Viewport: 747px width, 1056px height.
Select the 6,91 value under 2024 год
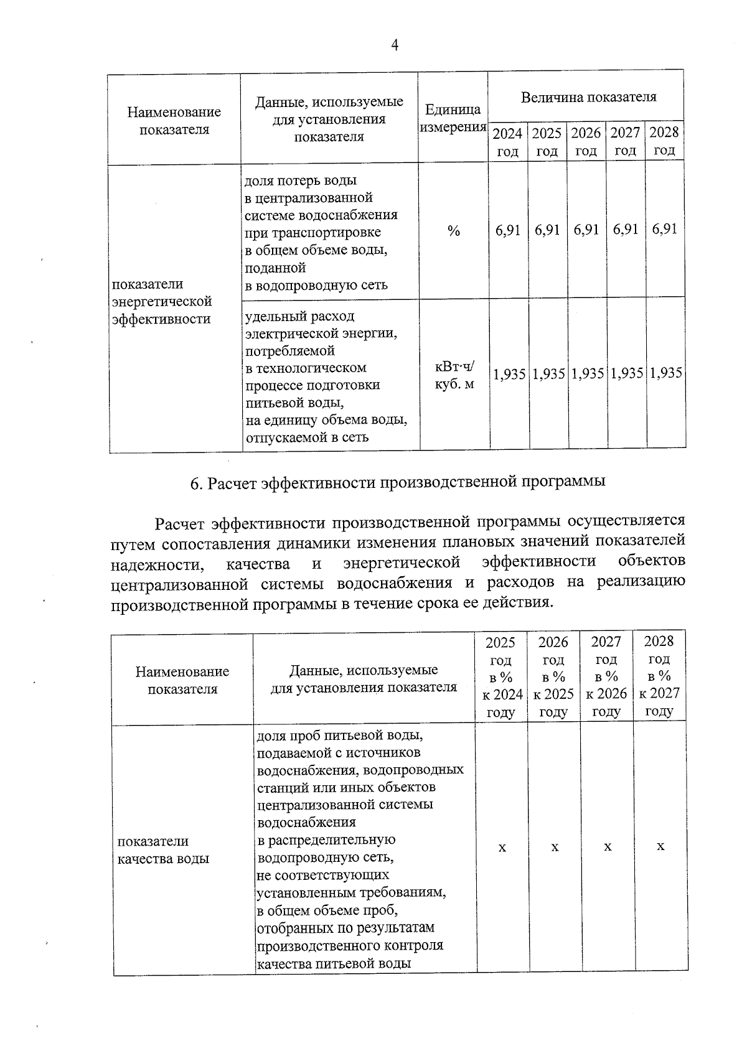[508, 230]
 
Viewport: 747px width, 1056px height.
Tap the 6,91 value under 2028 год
[665, 229]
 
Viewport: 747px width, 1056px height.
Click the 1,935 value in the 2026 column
[588, 374]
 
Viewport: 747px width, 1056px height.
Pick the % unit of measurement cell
[454, 231]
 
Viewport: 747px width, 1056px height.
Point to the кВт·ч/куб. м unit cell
[454, 375]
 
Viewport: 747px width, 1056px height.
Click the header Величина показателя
[588, 97]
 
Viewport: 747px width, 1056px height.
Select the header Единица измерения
[453, 118]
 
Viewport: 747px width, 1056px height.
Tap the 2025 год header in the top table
[547, 142]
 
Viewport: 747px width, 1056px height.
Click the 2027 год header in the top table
[626, 141]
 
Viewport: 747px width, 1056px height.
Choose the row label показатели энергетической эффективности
[162, 302]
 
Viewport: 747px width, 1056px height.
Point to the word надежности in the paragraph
[156, 564]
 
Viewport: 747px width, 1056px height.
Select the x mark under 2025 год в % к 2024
[502, 848]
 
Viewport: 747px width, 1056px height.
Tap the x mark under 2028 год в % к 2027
[660, 847]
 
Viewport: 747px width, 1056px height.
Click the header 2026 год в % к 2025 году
[553, 676]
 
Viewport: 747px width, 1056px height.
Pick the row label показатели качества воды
[163, 850]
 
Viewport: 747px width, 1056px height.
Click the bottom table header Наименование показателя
[182, 680]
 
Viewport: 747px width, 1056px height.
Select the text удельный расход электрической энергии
[321, 325]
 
